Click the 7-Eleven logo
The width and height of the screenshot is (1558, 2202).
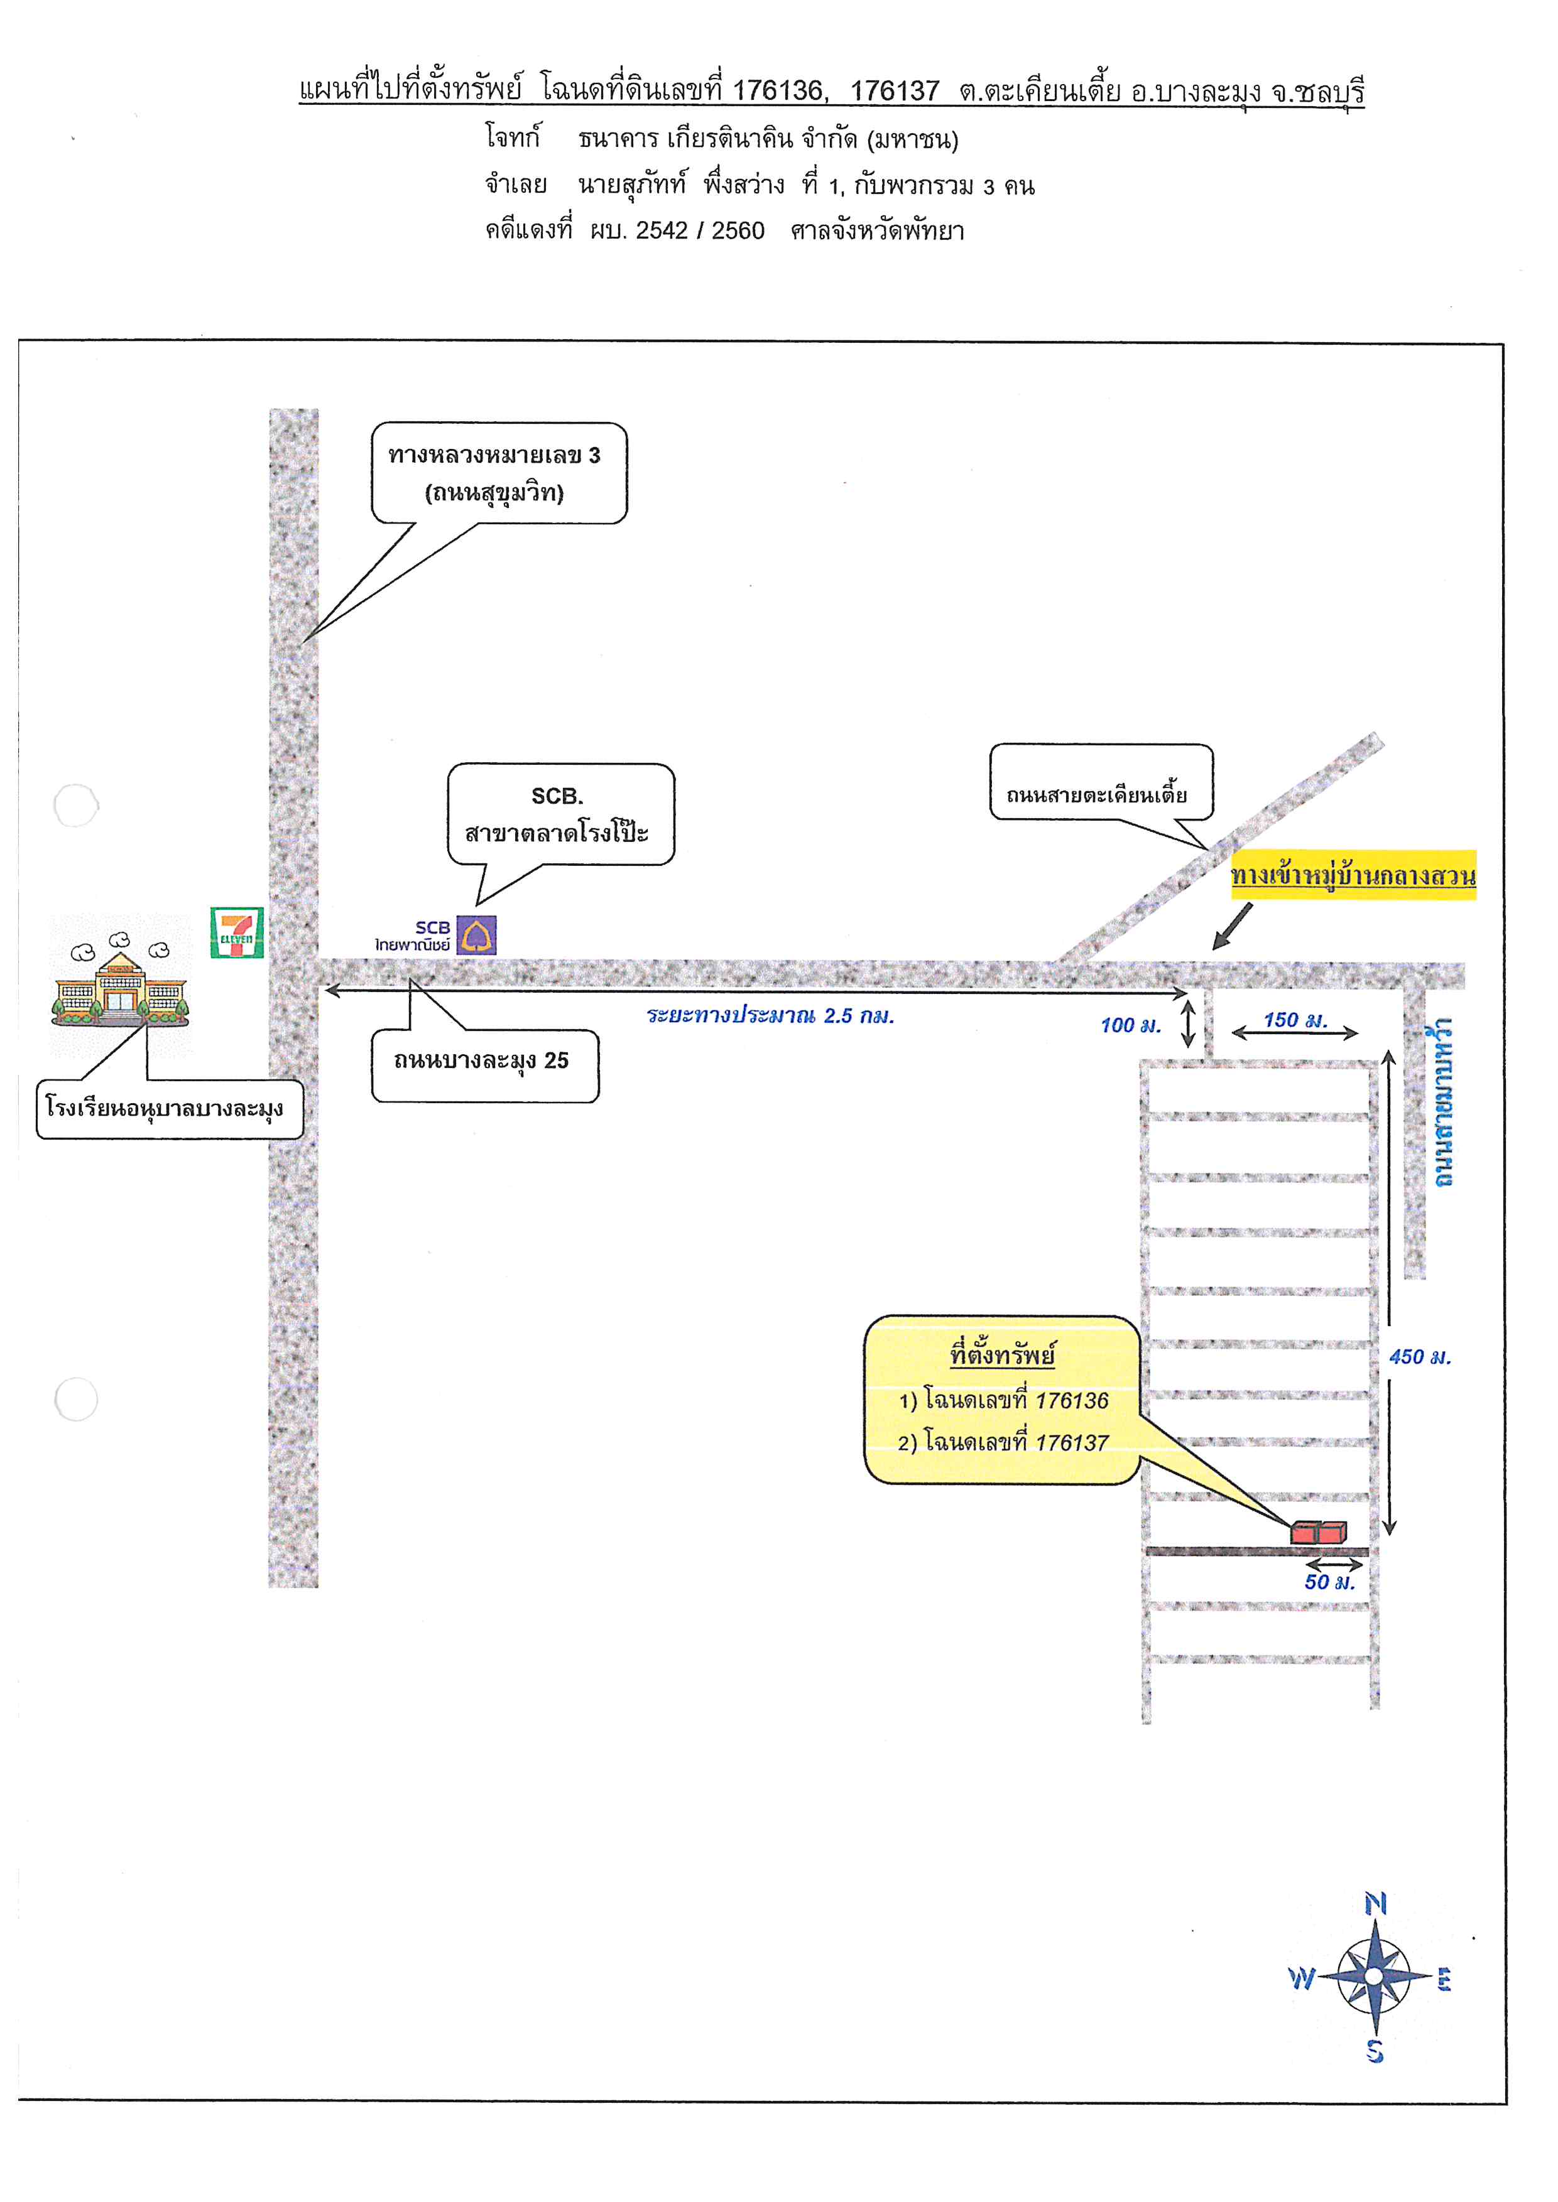(237, 932)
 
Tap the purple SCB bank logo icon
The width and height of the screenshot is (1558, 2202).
(477, 935)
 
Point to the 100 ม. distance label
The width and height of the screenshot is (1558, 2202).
(1130, 1025)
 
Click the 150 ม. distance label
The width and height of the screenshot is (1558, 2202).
(1295, 1020)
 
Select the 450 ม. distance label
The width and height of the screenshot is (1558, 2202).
(1420, 1356)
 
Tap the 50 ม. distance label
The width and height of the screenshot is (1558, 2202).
(1330, 1582)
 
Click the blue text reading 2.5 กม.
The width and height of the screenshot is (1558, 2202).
(859, 1016)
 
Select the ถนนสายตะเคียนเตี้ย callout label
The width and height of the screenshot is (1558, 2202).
(1101, 782)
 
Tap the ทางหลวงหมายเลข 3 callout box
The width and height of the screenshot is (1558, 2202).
(499, 473)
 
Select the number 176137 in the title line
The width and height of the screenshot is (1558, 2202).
(894, 90)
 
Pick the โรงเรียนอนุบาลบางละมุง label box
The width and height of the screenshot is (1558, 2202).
(170, 1109)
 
